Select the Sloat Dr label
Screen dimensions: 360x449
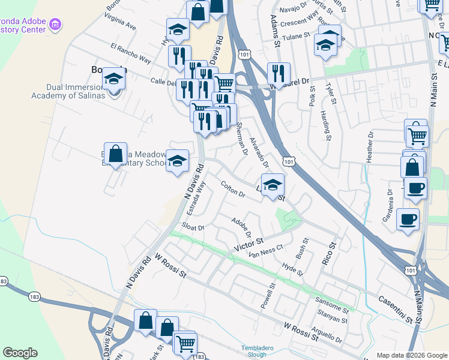coord(193,228)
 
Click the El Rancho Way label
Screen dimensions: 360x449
coord(130,52)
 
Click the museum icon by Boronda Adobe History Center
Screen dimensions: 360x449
coord(56,25)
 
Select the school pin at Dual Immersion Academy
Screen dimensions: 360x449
coord(113,79)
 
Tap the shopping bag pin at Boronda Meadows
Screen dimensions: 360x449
coord(115,153)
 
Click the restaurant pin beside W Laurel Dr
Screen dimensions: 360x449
coord(278,73)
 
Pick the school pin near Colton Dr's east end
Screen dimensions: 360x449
coord(273,184)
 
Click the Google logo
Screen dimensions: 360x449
coord(20,353)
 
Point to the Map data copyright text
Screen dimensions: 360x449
coord(411,355)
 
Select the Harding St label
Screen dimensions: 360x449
coord(325,125)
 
